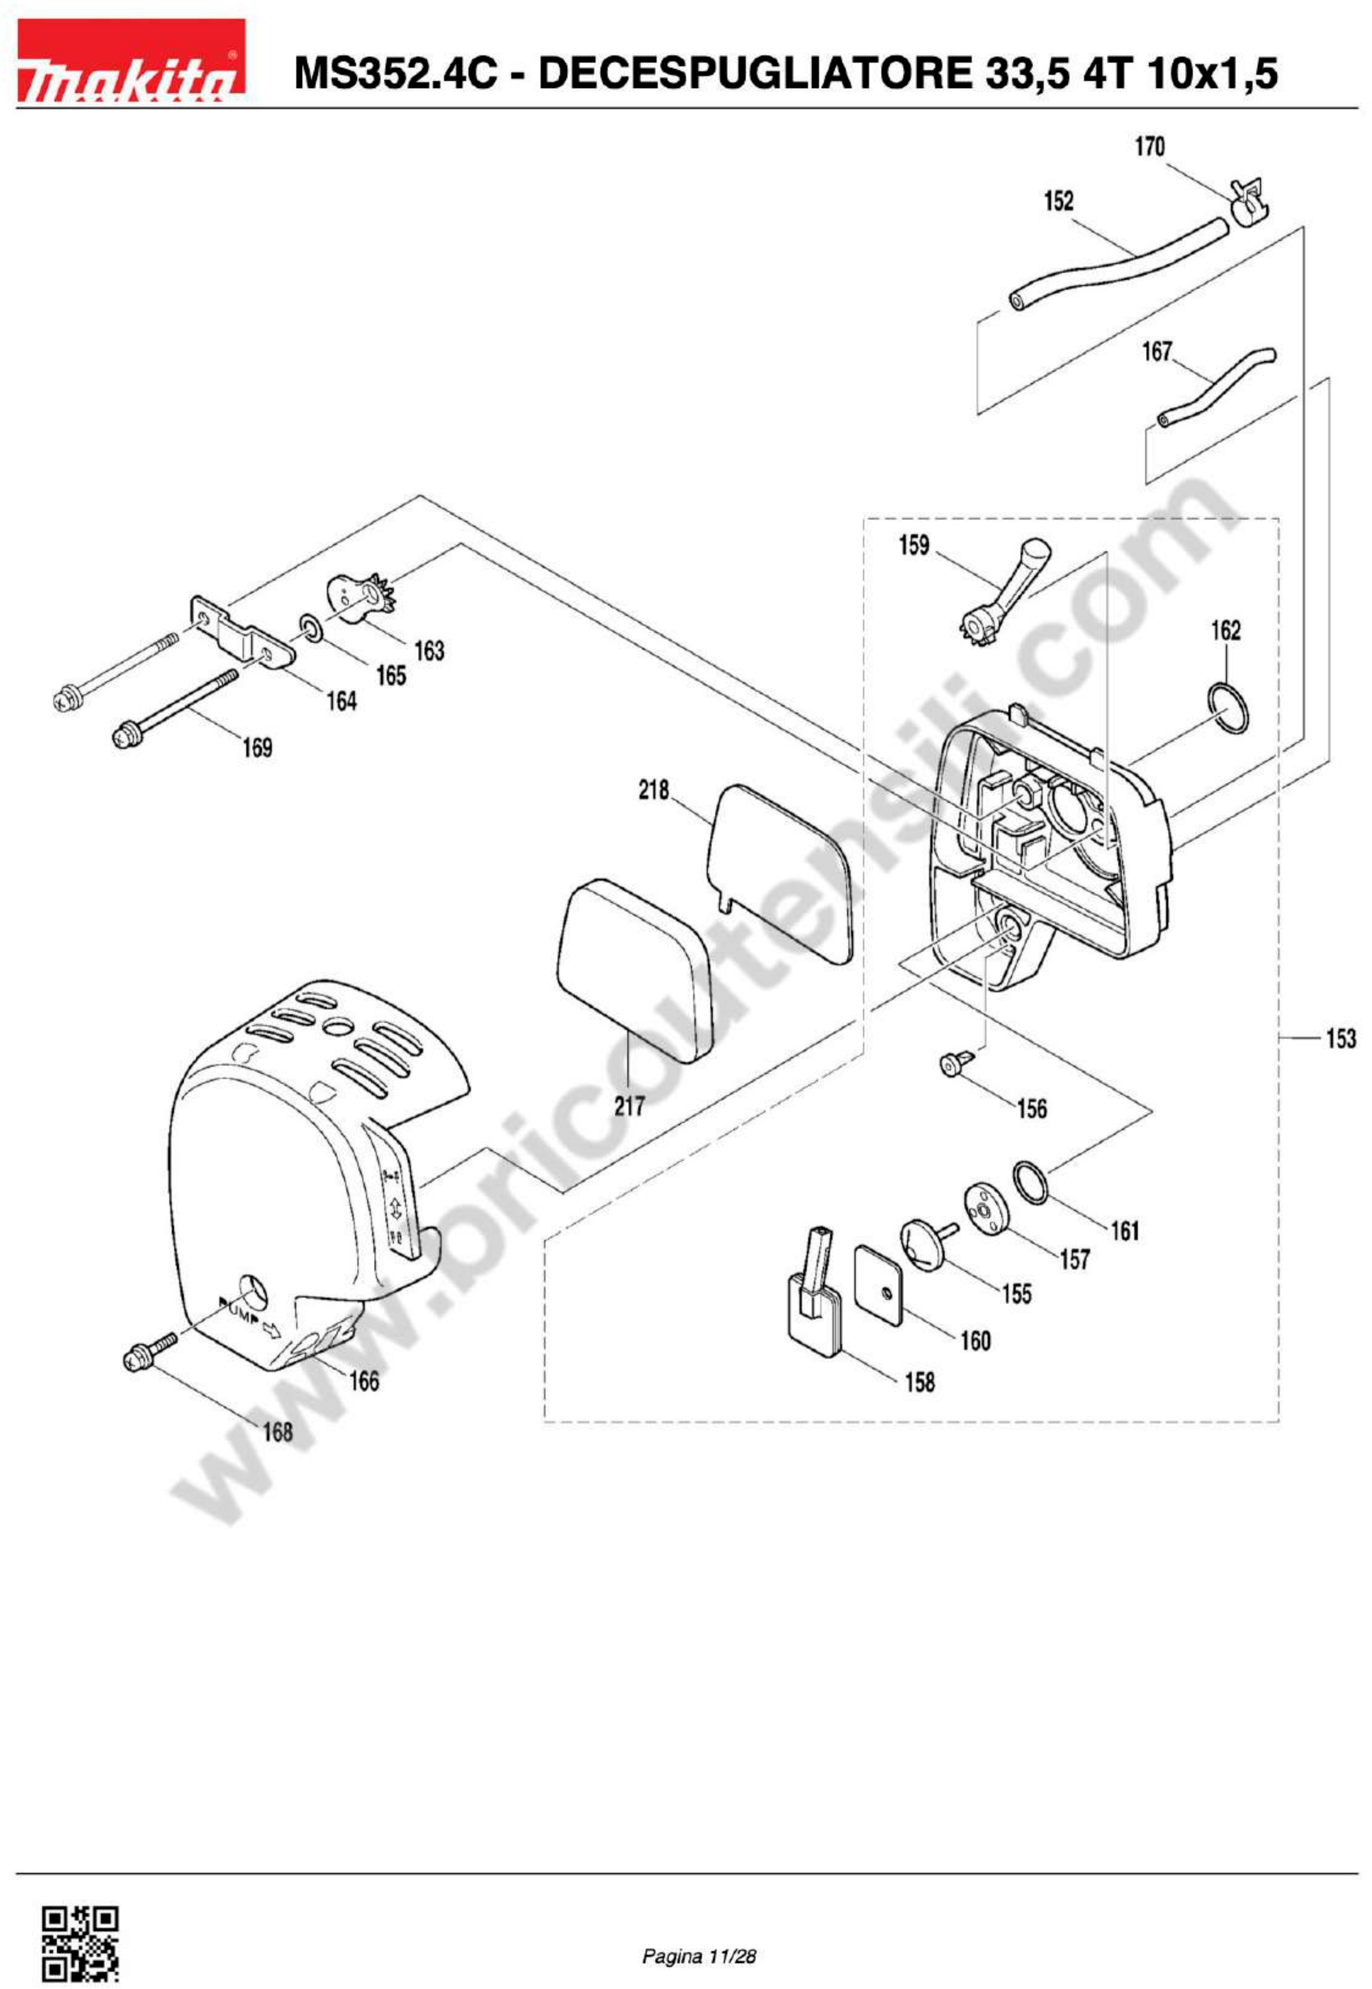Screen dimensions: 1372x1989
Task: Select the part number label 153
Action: coord(1340,1038)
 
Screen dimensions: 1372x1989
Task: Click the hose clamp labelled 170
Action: coord(1248,200)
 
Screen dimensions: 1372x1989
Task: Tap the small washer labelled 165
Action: coord(311,628)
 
